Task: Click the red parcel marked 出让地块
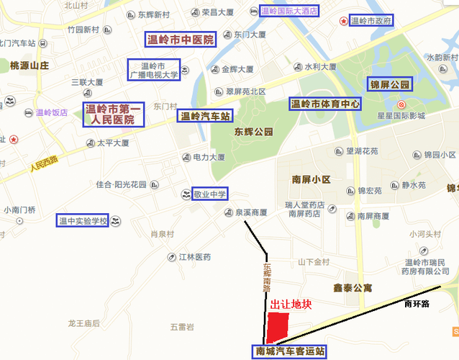pos(276,327)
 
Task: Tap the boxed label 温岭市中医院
pos(180,40)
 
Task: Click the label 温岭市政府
pos(371,21)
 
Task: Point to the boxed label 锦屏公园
pos(390,85)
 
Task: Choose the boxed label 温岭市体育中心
pos(324,104)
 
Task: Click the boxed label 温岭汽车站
pos(205,115)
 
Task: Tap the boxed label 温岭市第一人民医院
pos(113,114)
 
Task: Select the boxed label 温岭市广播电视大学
pos(153,69)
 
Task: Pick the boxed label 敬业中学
pos(209,194)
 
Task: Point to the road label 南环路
pos(417,304)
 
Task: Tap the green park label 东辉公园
pos(254,132)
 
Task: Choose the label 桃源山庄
pos(29,66)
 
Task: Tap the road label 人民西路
pos(42,166)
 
